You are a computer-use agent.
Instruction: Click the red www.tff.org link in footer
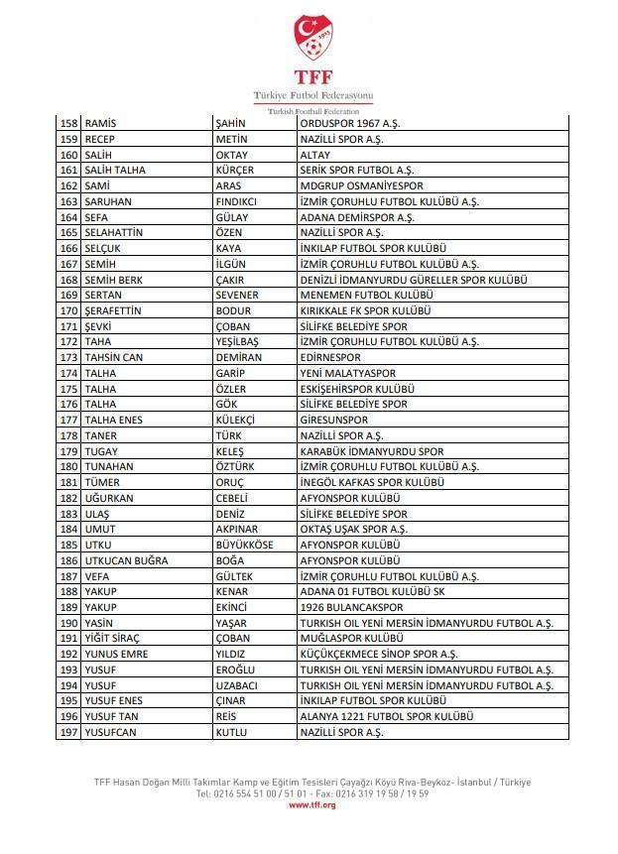(x=312, y=804)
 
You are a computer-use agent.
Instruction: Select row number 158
(x=68, y=124)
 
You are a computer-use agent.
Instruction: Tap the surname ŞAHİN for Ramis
(x=230, y=124)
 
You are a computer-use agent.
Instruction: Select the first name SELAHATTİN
(x=114, y=233)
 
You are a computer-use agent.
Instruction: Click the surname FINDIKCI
(x=236, y=202)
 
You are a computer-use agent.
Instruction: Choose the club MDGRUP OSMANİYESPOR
(x=361, y=186)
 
